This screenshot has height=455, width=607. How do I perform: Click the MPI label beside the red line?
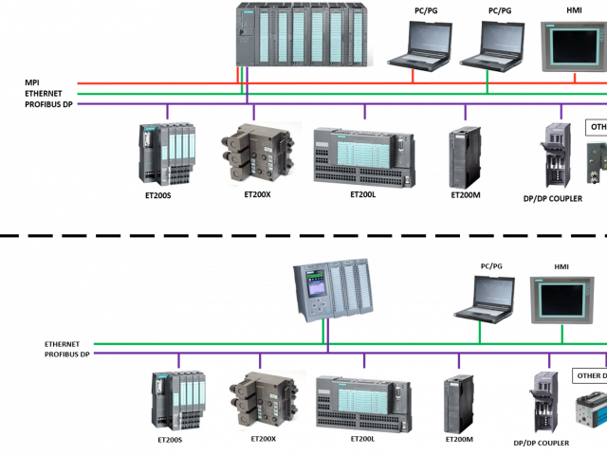[33, 83]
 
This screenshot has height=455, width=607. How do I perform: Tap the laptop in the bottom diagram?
[484, 300]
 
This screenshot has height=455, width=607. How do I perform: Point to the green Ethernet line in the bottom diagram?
[237, 344]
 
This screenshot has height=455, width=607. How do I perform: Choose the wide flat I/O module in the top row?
[363, 155]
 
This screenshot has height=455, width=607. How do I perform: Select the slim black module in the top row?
[465, 156]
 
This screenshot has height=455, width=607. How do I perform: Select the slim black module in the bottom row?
[458, 403]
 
